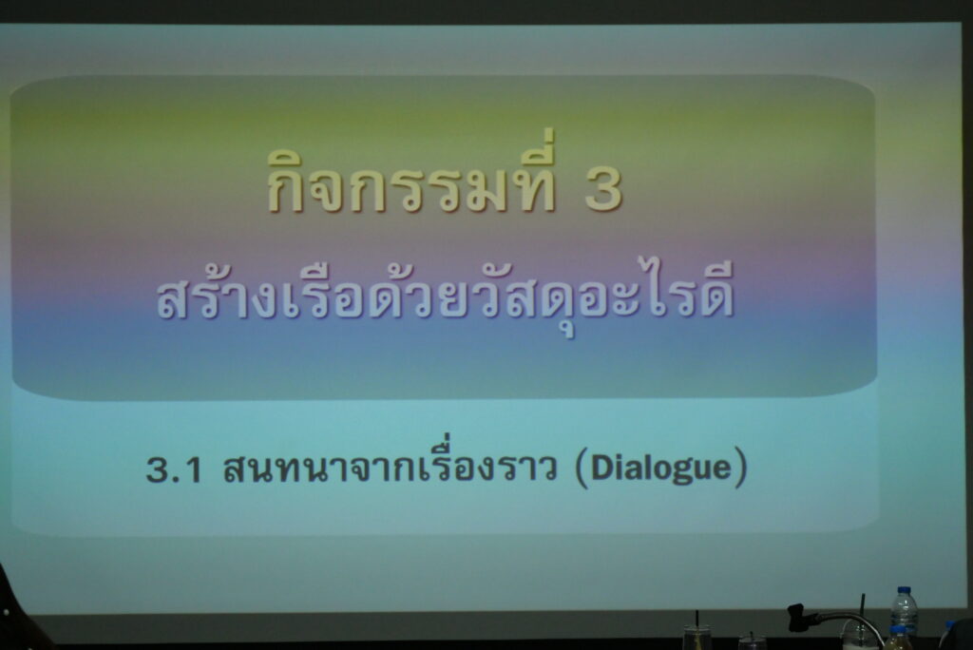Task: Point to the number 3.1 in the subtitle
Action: tap(175, 470)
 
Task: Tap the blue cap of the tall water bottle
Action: tap(905, 591)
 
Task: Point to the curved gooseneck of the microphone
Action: tap(850, 619)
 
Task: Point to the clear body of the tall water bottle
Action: tap(905, 615)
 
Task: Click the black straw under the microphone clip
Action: tap(861, 609)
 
